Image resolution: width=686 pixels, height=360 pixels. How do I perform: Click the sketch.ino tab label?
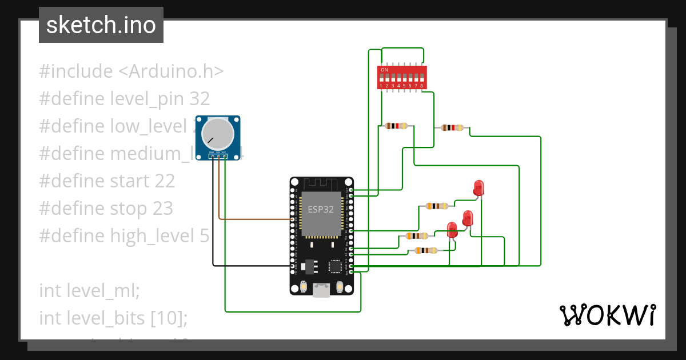101,26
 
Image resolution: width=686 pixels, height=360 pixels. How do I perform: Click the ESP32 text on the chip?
320,209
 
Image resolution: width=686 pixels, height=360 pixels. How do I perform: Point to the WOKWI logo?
607,315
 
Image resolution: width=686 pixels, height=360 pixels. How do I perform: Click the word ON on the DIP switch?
384,70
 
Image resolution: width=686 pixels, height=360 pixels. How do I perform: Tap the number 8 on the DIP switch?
422,86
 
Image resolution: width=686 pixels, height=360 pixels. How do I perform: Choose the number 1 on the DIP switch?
381,86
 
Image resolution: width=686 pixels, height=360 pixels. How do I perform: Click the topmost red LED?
478,188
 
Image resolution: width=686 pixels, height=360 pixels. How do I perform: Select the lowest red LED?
452,230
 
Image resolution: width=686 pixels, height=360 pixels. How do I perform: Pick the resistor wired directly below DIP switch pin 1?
396,126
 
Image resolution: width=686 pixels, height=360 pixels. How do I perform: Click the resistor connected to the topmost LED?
437,206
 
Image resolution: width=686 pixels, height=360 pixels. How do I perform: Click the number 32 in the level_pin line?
200,99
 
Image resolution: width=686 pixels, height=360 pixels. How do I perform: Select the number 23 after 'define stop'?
162,209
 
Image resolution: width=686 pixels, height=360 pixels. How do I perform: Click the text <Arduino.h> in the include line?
171,71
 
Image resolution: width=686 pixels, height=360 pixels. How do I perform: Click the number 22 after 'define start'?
165,181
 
